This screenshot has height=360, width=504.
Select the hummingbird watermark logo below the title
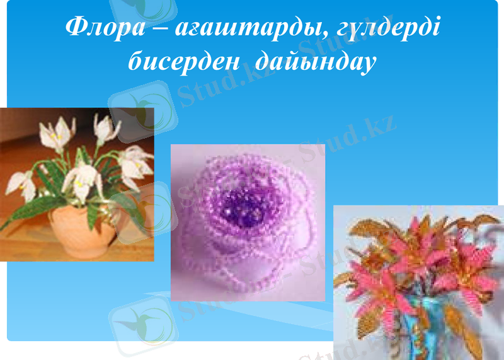[x=142, y=104]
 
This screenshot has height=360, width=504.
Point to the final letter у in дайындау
[x=369, y=64]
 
